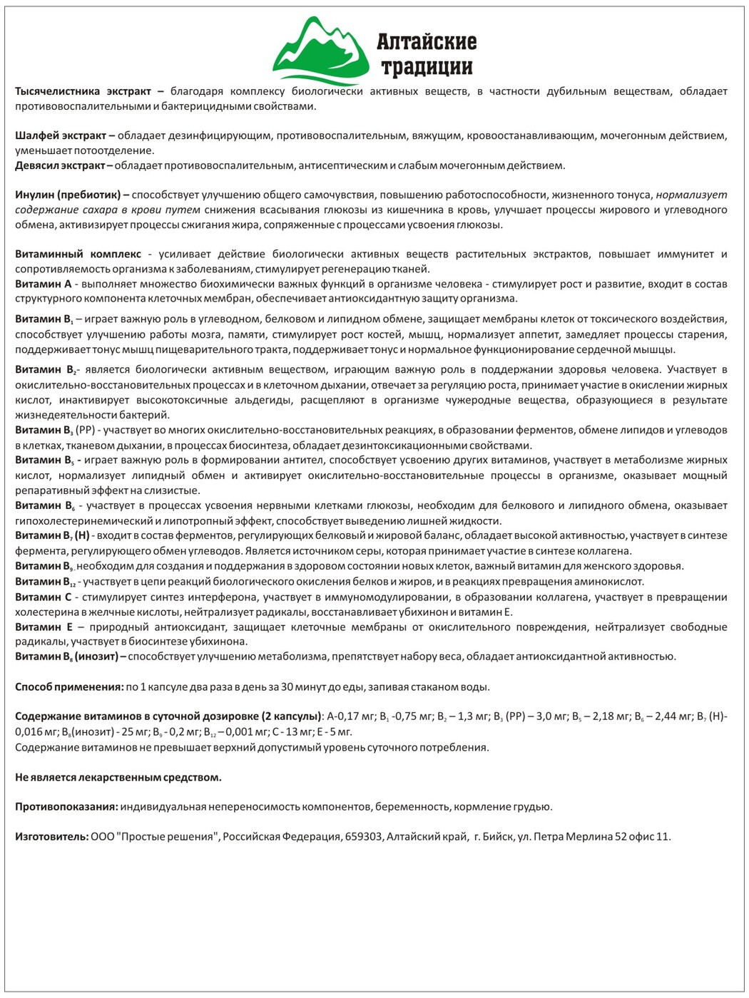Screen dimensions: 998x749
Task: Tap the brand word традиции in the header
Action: point(427,68)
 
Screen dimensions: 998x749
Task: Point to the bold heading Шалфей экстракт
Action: point(60,135)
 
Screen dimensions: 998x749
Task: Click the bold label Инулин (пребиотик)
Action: point(68,194)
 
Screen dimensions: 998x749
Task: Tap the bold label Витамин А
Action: point(42,284)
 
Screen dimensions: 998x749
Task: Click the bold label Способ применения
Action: point(68,687)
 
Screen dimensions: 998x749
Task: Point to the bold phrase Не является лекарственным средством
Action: point(118,777)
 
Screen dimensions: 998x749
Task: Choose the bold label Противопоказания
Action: point(66,807)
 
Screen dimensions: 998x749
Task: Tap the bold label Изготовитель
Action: point(51,837)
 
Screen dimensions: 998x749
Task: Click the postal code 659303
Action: point(364,837)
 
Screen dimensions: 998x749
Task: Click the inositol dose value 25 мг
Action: point(88,731)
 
